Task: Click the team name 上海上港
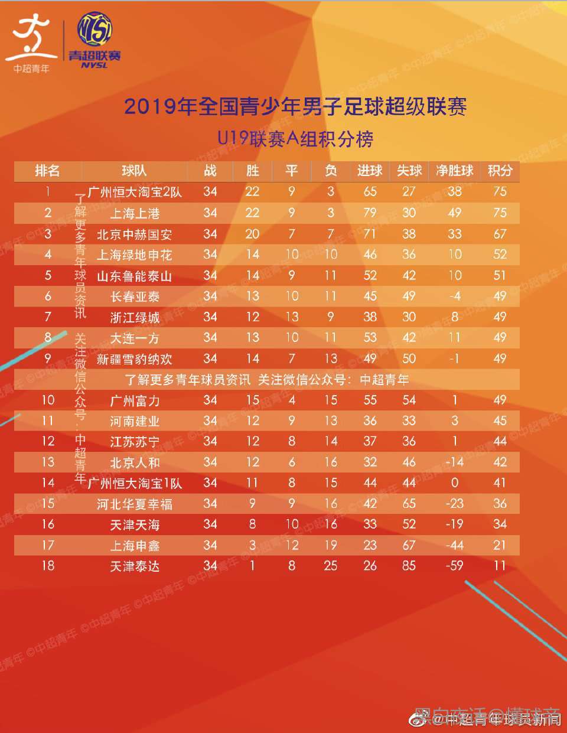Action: pos(135,213)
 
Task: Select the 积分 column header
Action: pos(500,171)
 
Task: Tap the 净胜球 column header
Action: pos(454,171)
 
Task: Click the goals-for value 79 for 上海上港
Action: pos(370,213)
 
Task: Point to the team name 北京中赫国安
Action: pos(135,234)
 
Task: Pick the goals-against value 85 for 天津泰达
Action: pos(409,566)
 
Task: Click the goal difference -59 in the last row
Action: pos(454,566)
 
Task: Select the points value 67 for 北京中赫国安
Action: pos(500,234)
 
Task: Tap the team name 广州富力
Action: pos(135,401)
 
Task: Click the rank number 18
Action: pos(48,566)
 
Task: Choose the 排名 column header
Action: pos(47,171)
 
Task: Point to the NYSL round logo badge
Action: pos(95,30)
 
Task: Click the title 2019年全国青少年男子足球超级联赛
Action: pos(295,106)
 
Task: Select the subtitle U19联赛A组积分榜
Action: pos(295,139)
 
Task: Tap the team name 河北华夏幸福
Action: pos(135,504)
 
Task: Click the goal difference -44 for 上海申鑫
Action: pos(454,545)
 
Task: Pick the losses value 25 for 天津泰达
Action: pos(331,566)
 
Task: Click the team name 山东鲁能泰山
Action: pos(135,276)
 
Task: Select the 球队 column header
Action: pos(134,171)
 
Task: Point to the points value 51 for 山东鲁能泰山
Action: pos(500,275)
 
